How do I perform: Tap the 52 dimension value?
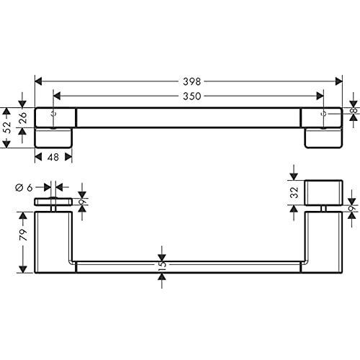pyautogui.click(x=7, y=128)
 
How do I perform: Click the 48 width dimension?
pyautogui.click(x=53, y=156)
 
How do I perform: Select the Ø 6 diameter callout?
pyautogui.click(x=24, y=187)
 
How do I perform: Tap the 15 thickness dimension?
pyautogui.click(x=162, y=265)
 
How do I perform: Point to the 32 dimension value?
pyautogui.click(x=294, y=192)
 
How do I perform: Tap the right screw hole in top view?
pyautogui.click(x=323, y=114)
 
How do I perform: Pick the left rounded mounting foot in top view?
pyautogui.click(x=53, y=139)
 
